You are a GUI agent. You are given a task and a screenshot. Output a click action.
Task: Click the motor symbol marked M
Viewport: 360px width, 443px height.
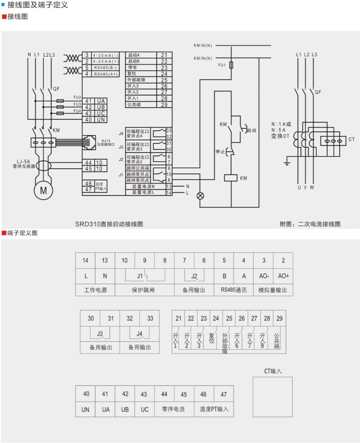pos(43,190)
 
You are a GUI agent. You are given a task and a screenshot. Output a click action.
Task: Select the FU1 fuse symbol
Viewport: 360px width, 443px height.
pos(231,65)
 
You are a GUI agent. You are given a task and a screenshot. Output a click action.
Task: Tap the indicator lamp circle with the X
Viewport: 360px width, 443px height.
pos(200,196)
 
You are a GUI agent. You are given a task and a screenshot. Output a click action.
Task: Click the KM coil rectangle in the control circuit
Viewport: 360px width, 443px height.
pos(230,178)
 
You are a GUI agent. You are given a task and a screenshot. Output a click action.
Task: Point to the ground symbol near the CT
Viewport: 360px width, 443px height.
pos(287,163)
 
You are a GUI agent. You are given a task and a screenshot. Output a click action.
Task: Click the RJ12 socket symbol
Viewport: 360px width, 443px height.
pos(89,143)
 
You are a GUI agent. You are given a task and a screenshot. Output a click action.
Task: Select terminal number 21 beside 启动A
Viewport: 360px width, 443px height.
pos(164,55)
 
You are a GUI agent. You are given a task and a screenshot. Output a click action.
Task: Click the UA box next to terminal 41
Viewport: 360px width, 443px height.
pos(101,101)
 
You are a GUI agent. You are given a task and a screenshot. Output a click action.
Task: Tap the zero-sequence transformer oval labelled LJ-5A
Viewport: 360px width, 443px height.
pos(44,166)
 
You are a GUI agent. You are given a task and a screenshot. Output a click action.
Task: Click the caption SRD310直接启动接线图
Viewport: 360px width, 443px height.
pos(109,224)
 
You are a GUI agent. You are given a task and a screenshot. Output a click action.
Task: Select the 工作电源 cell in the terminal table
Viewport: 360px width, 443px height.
pos(95,290)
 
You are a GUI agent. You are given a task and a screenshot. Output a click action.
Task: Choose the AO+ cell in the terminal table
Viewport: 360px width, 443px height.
pos(283,276)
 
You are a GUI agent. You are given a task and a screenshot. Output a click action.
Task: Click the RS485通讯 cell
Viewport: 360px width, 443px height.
pos(234,290)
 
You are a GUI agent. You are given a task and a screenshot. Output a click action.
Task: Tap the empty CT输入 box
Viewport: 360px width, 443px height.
pos(273,397)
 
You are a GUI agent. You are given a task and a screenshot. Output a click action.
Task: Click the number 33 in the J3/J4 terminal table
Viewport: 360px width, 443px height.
pos(150,318)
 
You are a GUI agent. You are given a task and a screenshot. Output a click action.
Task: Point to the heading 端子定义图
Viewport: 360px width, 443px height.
pos(22,233)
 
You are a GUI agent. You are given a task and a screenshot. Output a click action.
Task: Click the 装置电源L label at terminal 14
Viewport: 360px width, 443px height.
pos(143,192)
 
